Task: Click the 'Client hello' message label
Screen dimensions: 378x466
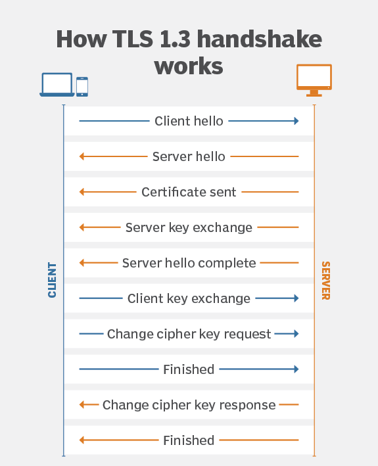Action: tap(189, 121)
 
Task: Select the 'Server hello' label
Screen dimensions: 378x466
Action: tap(189, 156)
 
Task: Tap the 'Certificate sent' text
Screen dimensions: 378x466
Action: tap(189, 192)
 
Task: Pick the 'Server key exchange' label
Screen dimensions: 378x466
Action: tap(189, 227)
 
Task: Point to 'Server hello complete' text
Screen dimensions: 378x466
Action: tap(189, 263)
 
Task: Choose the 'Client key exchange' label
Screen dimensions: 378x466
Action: tap(189, 298)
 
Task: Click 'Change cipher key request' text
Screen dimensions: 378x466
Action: tap(189, 334)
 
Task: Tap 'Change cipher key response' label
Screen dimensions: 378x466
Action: tap(189, 405)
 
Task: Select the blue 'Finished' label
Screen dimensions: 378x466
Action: tap(189, 369)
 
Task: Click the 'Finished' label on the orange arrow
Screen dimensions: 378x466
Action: tap(189, 440)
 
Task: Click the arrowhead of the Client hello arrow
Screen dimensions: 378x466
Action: tap(296, 121)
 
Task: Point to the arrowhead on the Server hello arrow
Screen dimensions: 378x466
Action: tap(82, 156)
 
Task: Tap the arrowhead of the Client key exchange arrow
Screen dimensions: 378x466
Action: tap(296, 298)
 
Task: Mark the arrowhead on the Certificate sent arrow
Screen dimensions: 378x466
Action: tap(82, 192)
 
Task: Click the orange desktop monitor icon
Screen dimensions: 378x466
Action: tap(314, 80)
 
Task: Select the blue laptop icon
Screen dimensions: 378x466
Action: tap(57, 85)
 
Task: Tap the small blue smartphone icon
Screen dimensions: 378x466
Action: tap(82, 87)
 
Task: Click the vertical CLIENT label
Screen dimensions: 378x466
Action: tap(52, 280)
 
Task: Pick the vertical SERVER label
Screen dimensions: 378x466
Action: tap(326, 281)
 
